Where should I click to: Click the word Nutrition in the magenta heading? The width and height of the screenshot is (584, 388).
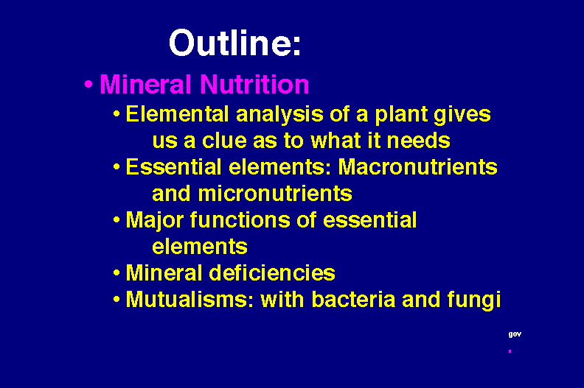point(254,84)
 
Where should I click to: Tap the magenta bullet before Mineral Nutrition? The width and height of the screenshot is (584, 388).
point(88,84)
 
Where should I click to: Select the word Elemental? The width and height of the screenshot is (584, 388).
point(177,114)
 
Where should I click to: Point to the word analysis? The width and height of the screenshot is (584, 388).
point(279,115)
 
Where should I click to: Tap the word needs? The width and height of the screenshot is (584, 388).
point(418,141)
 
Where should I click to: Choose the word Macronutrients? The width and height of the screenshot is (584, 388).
point(417,167)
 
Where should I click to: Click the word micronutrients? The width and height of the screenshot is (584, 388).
point(275,194)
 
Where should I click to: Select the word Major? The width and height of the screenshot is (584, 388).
point(155,221)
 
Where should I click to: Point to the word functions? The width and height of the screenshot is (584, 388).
point(240,220)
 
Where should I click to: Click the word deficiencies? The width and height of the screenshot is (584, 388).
point(272,272)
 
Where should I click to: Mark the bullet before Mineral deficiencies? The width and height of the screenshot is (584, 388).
point(117,273)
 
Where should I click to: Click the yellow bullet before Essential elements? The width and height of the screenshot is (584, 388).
point(117,168)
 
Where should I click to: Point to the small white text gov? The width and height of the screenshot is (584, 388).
point(515,334)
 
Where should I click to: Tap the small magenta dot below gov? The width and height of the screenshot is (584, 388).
point(510,350)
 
